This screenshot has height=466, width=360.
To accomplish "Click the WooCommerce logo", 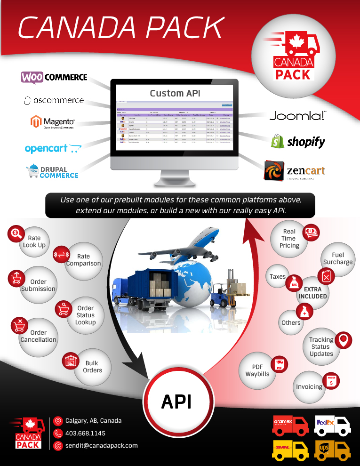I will point(54,77).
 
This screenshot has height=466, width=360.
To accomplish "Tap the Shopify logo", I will point(298,141).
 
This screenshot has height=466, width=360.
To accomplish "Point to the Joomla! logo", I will point(297,116).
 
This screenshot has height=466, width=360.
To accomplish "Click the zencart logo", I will point(294,171).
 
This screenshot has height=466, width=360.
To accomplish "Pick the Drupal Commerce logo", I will point(52,172).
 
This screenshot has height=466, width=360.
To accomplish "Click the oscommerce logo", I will point(53,100).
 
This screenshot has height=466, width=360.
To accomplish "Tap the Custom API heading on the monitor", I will point(175,93).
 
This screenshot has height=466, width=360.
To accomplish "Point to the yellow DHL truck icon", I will point(290,450).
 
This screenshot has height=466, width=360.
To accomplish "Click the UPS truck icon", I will point(332,450).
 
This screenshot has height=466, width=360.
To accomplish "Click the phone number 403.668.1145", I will point(85,433).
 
